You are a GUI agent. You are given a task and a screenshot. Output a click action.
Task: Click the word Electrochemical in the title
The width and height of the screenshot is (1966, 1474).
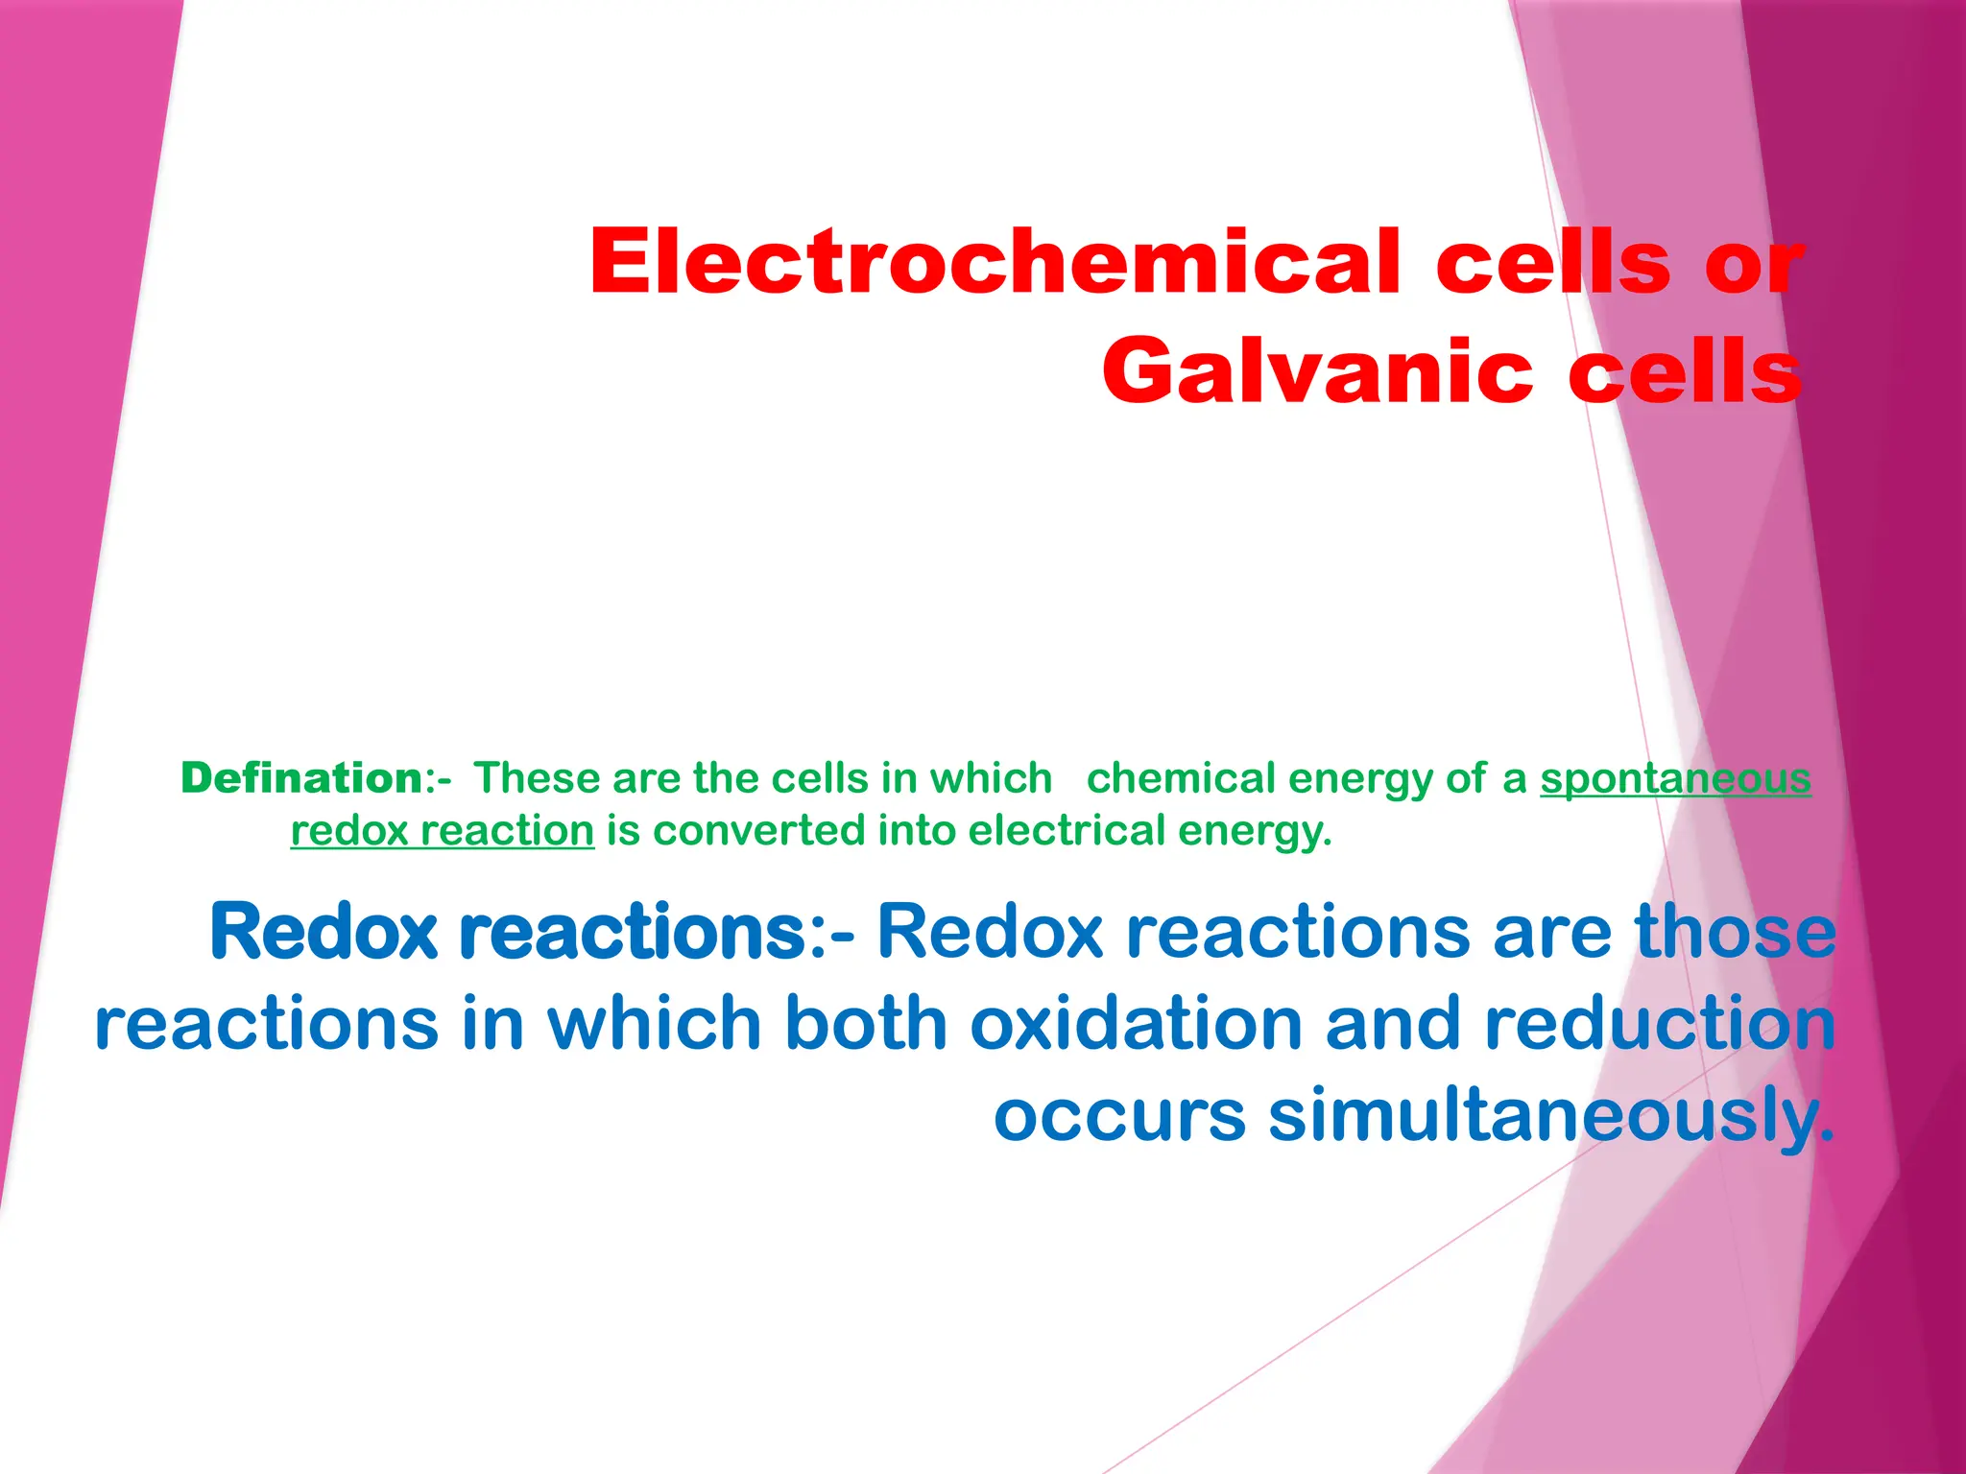pos(995,262)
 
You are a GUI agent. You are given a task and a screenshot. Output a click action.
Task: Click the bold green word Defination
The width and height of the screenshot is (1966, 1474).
pos(300,777)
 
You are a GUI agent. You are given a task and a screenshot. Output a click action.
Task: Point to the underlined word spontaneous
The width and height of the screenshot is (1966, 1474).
pos(1675,777)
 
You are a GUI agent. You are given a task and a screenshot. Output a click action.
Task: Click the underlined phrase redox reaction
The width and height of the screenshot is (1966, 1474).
pos(443,830)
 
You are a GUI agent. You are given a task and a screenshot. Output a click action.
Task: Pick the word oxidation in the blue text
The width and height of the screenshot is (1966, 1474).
pos(1136,1023)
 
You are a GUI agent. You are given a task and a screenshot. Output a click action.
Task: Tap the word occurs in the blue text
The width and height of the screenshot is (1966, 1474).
pos(1119,1115)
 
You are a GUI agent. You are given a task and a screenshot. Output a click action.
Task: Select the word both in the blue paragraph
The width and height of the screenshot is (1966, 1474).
pos(866,1023)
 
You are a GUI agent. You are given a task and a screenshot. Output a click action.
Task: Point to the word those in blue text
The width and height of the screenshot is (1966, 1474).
pos(1736,931)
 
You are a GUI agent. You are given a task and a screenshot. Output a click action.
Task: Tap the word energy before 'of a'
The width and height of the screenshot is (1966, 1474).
pos(1359,779)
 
